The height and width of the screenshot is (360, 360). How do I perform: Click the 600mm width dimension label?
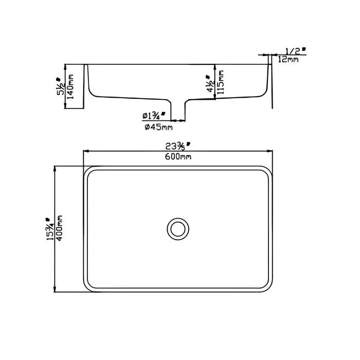pyautogui.click(x=178, y=156)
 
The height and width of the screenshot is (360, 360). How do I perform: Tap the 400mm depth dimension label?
pyautogui.click(x=60, y=228)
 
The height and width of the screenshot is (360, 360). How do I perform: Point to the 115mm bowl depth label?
pyautogui.click(x=220, y=82)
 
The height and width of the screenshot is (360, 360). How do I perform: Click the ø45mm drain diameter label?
pyautogui.click(x=158, y=127)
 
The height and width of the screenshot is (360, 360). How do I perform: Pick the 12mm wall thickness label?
pyautogui.click(x=288, y=60)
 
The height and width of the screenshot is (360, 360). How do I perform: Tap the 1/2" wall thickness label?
pyautogui.click(x=296, y=50)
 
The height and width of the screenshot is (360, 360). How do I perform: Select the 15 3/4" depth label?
pyautogui.click(x=50, y=229)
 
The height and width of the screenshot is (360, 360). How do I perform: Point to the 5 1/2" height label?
pyautogui.click(x=61, y=86)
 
